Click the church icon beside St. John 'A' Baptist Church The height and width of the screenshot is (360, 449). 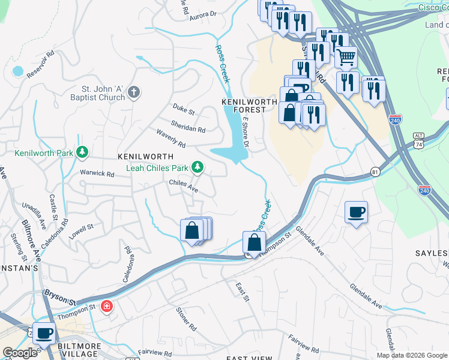tap(134, 92)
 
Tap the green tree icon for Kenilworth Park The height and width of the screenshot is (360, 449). tap(82, 153)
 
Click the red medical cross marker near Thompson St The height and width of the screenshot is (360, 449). tap(107, 307)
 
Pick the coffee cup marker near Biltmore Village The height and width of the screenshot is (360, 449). tap(43, 332)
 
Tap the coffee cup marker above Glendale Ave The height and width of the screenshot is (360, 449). tap(356, 212)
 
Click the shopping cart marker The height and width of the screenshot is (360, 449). tap(346, 58)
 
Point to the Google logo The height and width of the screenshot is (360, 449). tap(20, 353)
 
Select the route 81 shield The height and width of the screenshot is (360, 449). tap(375, 172)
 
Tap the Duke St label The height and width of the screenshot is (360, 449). tap(184, 111)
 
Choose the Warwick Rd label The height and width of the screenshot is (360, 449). tap(97, 174)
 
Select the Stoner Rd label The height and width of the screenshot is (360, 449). tap(186, 319)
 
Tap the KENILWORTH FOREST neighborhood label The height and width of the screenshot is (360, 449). tap(249, 106)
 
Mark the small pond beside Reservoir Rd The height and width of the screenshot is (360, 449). tap(18, 71)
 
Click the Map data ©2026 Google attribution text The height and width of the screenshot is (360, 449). tap(412, 355)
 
